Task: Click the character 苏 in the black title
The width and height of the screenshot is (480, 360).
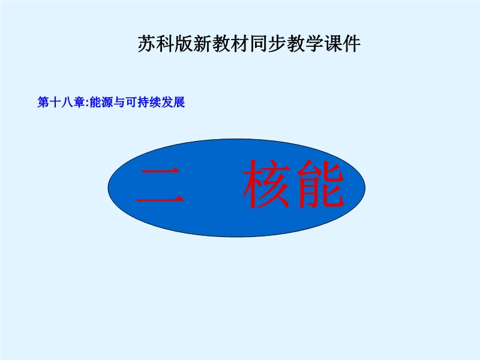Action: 147,44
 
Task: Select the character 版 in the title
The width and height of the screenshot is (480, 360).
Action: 184,44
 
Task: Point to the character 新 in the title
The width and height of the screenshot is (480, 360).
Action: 203,44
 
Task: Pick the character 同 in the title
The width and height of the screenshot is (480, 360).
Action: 259,44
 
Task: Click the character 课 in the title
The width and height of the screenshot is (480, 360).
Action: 333,44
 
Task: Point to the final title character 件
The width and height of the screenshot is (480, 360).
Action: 352,44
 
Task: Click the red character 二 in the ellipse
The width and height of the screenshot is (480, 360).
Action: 160,185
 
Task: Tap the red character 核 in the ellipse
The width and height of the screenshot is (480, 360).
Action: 266,184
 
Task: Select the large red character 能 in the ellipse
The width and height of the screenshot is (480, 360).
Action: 320,184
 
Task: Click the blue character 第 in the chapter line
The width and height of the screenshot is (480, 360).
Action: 43,102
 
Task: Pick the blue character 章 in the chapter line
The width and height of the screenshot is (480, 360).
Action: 79,102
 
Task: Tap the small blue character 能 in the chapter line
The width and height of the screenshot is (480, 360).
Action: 95,102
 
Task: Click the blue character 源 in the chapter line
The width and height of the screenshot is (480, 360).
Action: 107,102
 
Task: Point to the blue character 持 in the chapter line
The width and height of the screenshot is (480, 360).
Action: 143,102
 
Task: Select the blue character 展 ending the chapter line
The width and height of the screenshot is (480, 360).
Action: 179,102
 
